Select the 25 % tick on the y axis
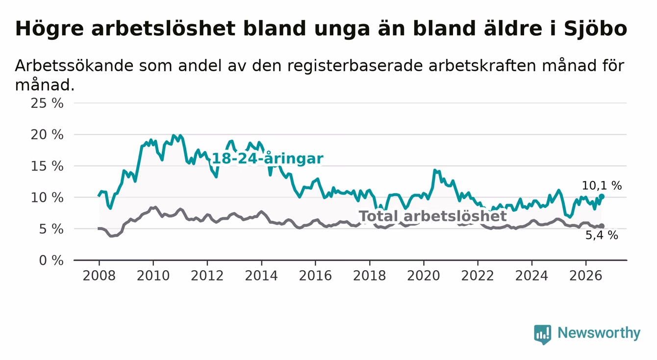click(x=47, y=103)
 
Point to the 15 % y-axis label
click(x=47, y=166)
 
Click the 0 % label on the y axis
click(x=51, y=260)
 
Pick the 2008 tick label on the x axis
click(x=99, y=276)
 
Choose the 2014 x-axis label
click(x=261, y=276)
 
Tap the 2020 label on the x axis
click(x=424, y=276)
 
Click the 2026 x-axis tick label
click(x=586, y=276)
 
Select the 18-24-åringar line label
click(x=268, y=159)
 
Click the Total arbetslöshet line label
click(x=433, y=216)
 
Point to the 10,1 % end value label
click(x=602, y=186)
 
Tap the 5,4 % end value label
click(x=602, y=235)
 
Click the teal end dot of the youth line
click(x=602, y=196)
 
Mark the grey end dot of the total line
click(x=602, y=226)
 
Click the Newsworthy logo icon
click(x=543, y=334)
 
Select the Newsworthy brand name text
click(x=599, y=333)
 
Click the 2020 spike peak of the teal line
click(x=434, y=170)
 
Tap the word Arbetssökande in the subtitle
click(x=75, y=66)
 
